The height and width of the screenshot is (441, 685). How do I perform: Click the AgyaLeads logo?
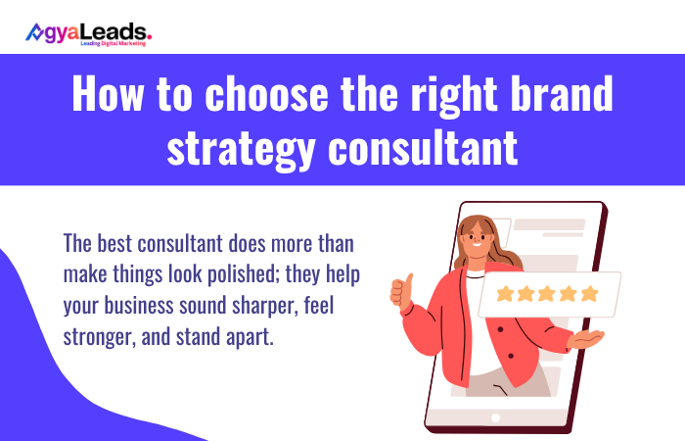88,34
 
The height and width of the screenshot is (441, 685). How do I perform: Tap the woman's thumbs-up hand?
399,293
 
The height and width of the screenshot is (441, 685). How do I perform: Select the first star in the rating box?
505,294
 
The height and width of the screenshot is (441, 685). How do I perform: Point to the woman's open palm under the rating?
587,338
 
